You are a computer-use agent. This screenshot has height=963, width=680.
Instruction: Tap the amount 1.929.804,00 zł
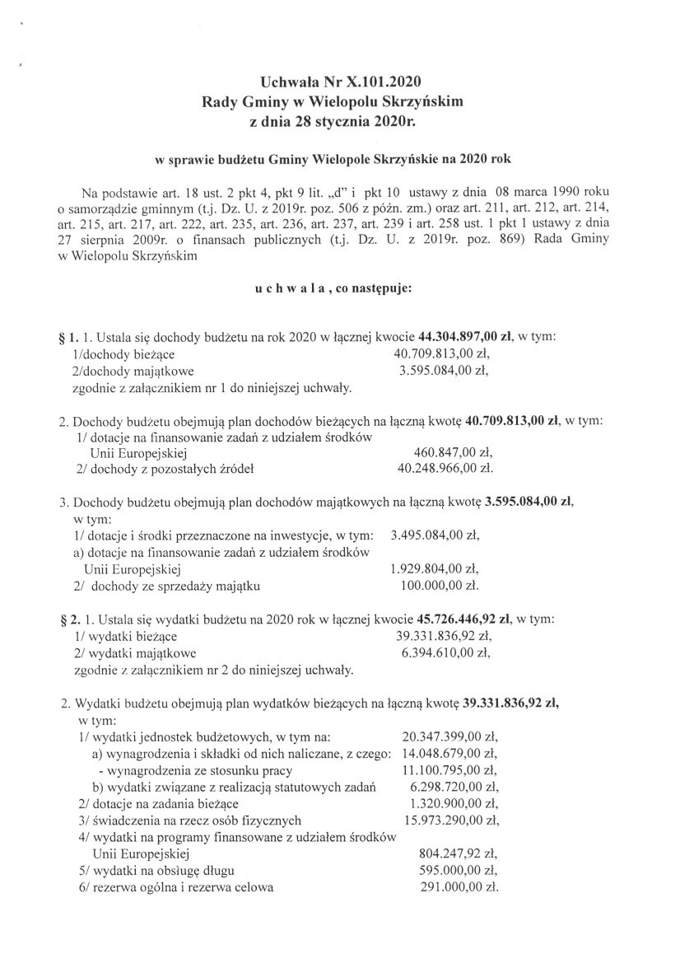pyautogui.click(x=435, y=568)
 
